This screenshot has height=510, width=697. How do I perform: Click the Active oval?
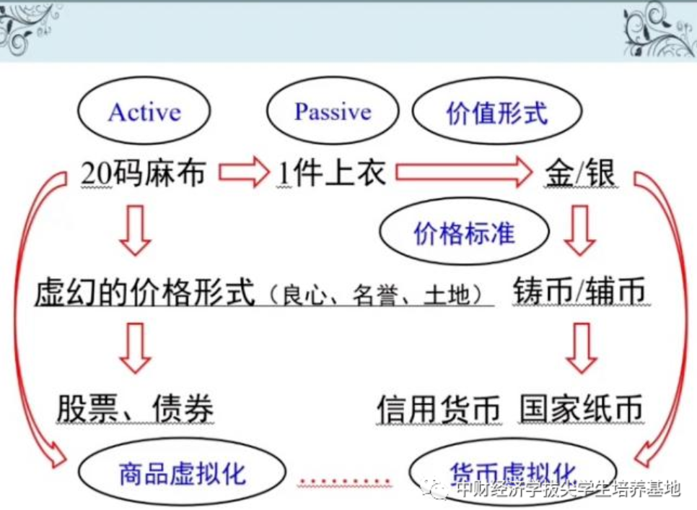(144, 113)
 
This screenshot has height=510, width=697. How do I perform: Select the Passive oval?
(332, 112)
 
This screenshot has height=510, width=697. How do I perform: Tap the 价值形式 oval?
(496, 113)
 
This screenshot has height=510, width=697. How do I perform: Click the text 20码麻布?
(144, 174)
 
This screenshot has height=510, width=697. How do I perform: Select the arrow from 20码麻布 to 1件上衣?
(243, 173)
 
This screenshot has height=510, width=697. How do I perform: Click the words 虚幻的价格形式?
(145, 293)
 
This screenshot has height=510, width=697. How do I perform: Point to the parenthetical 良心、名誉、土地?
(376, 295)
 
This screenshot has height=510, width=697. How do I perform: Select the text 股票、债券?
(135, 409)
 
